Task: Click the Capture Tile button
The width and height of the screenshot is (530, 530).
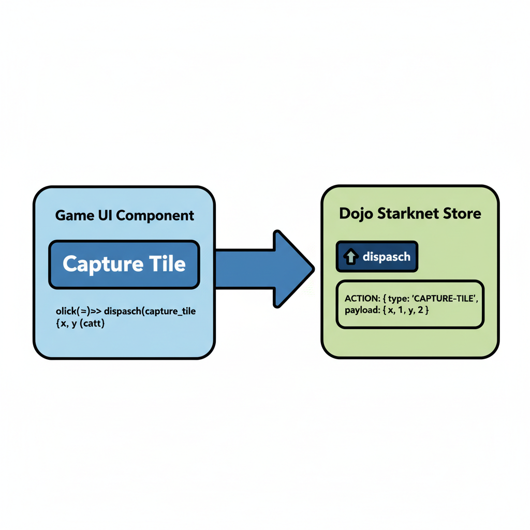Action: pyautogui.click(x=124, y=264)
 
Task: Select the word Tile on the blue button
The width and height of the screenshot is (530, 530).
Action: pyautogui.click(x=167, y=264)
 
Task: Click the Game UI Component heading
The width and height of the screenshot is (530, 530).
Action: pyautogui.click(x=125, y=215)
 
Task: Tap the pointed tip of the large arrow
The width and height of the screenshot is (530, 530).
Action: pyautogui.click(x=312, y=268)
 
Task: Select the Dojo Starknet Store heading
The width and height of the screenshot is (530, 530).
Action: pyautogui.click(x=410, y=214)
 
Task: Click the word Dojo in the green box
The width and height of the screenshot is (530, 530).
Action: pyautogui.click(x=354, y=214)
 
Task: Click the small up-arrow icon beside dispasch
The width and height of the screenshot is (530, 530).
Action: pyautogui.click(x=350, y=257)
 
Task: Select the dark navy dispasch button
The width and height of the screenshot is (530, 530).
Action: pyautogui.click(x=376, y=257)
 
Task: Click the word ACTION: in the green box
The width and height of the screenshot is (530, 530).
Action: pyautogui.click(x=363, y=299)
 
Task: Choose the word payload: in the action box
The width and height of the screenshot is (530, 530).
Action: pyautogui.click(x=361, y=311)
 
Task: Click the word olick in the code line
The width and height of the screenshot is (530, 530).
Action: pyautogui.click(x=66, y=312)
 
